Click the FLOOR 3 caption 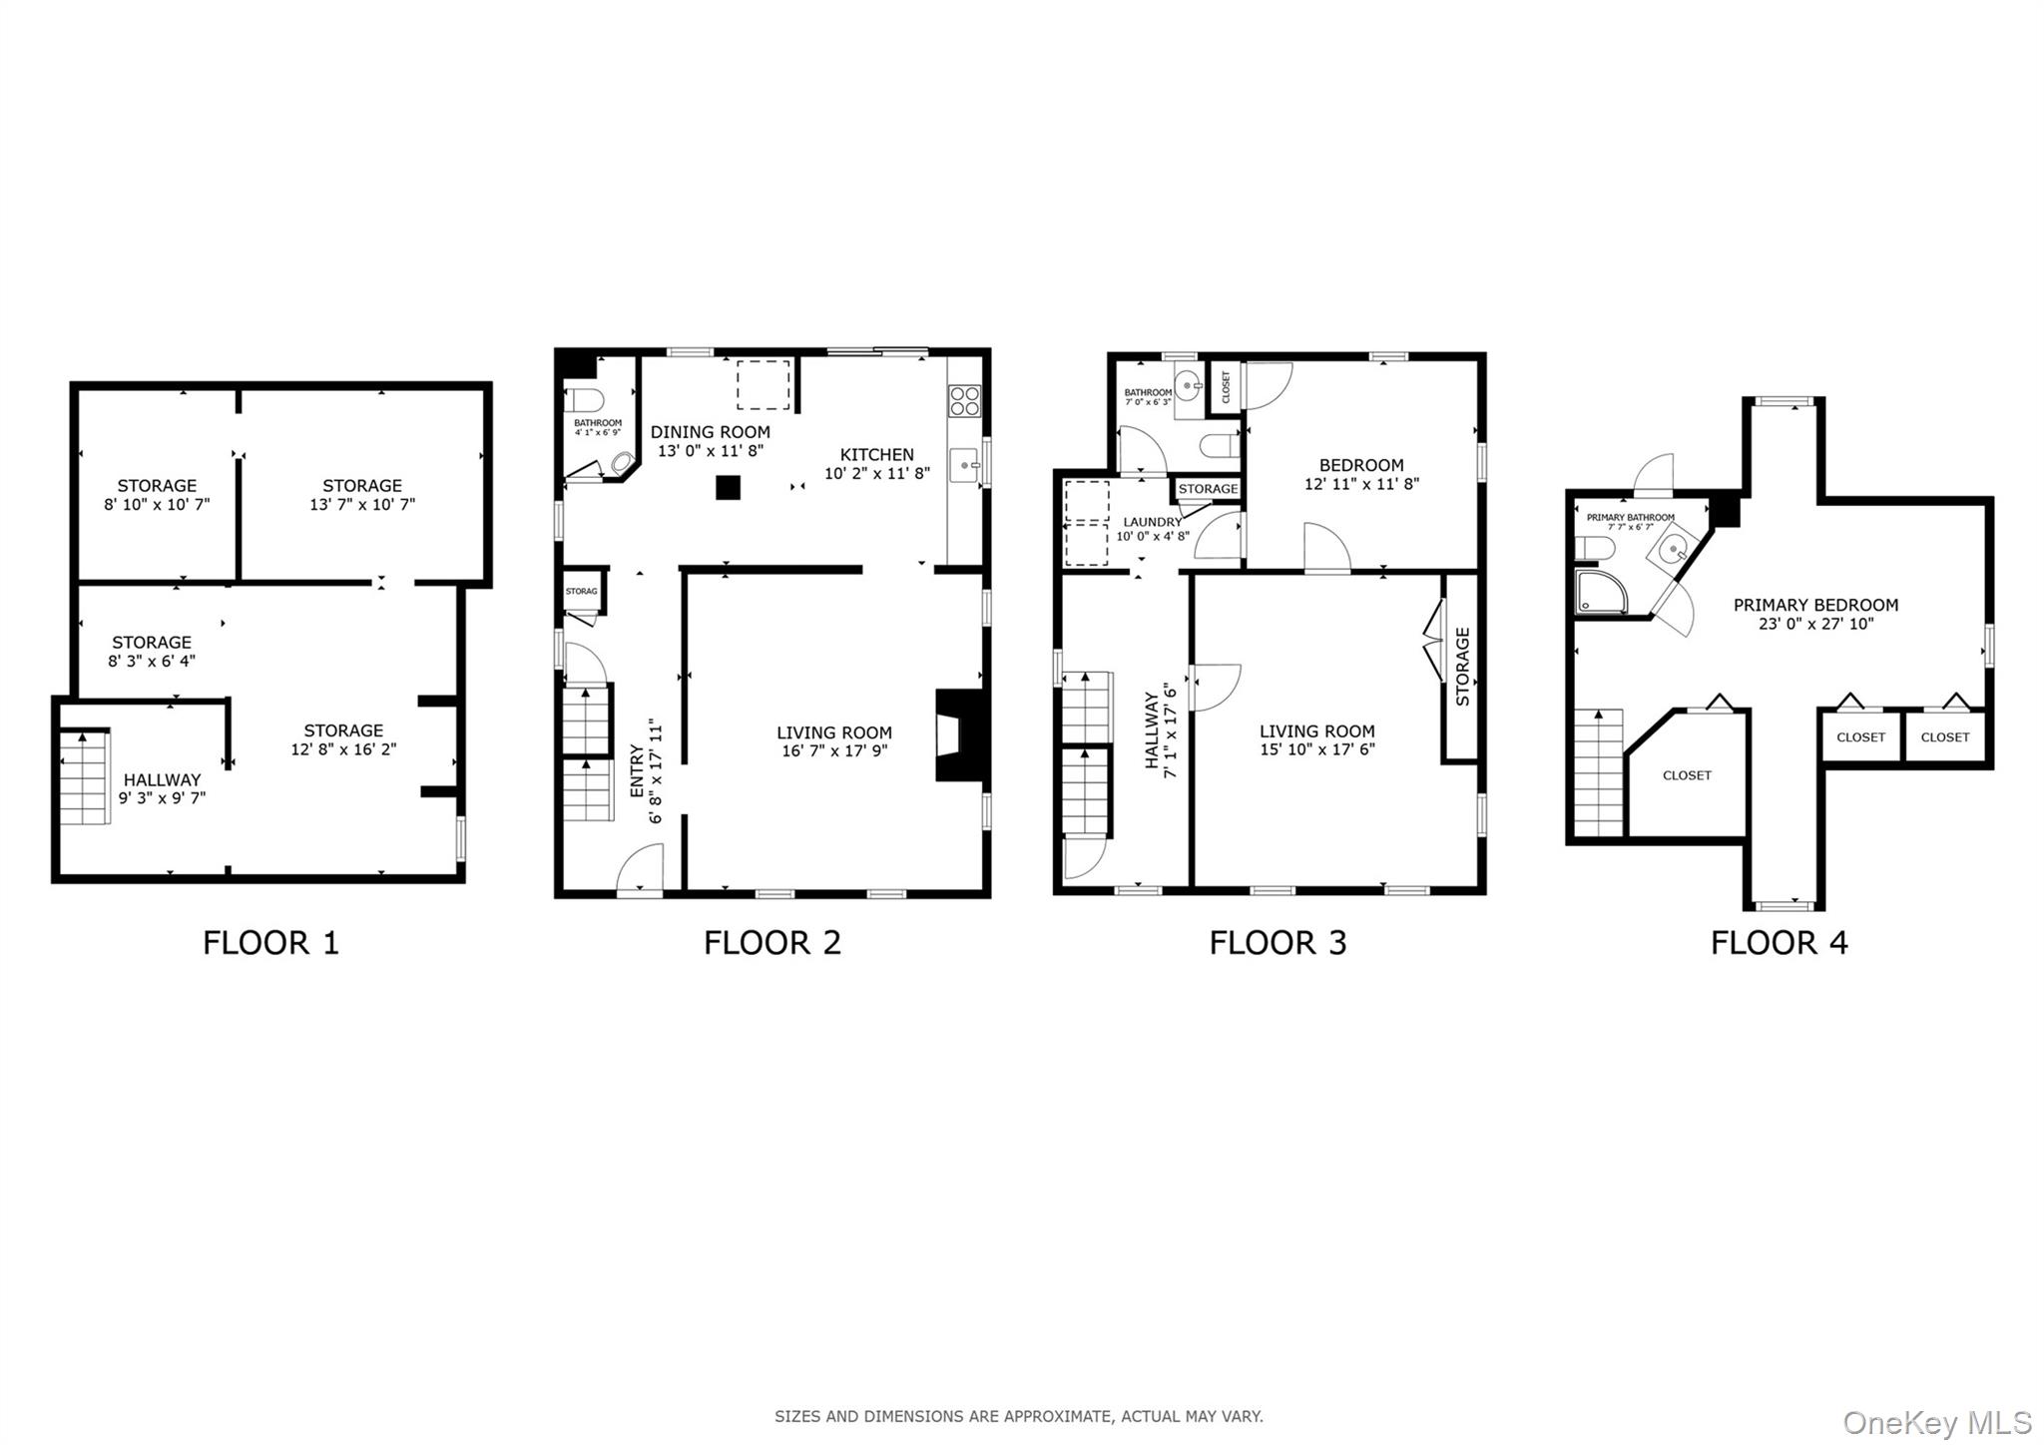point(1277,942)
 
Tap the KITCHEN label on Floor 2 point(876,454)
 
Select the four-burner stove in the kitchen point(964,400)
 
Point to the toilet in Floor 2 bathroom point(585,401)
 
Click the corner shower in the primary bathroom point(1600,591)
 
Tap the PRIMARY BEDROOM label point(1814,605)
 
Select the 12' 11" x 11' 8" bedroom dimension point(1361,484)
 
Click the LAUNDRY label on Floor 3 point(1152,522)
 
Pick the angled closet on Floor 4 point(1687,774)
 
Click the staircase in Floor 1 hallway point(84,777)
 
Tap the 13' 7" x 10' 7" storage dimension point(361,505)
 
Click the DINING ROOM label point(710,432)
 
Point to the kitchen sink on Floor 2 point(965,465)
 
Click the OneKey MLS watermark point(1936,1421)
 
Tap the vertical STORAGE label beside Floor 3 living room point(1462,667)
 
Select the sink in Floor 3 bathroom point(1188,383)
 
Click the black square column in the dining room point(729,487)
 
